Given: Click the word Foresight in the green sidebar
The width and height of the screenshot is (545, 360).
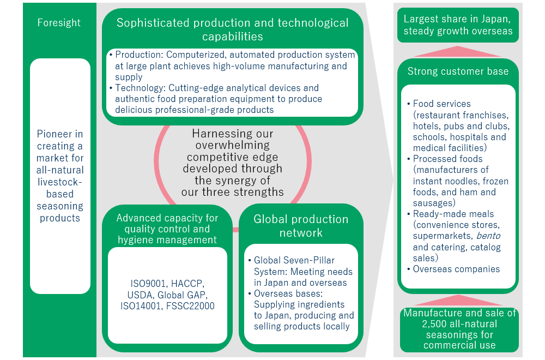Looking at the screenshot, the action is (x=59, y=22).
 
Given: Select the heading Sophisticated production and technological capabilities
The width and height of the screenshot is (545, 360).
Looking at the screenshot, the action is (x=233, y=29).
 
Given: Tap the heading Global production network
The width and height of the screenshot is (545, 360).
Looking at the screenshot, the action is (x=301, y=226).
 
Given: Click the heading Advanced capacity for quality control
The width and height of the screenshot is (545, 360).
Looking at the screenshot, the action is (x=167, y=229).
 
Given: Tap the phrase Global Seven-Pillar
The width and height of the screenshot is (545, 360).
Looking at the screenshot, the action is (x=294, y=260).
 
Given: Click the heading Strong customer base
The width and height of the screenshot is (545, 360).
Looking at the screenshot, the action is (x=458, y=71).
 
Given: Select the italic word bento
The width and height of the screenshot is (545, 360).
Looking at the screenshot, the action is (x=488, y=236).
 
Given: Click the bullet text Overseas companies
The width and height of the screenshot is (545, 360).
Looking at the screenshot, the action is (x=456, y=269).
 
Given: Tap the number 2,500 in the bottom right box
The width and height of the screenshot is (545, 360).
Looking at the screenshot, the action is (x=435, y=324).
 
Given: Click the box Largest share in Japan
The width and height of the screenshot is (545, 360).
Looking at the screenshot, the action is (x=458, y=25).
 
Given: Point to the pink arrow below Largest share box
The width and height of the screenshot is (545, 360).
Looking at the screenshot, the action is (x=458, y=51).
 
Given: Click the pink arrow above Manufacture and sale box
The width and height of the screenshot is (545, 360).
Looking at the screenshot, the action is (x=458, y=300).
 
